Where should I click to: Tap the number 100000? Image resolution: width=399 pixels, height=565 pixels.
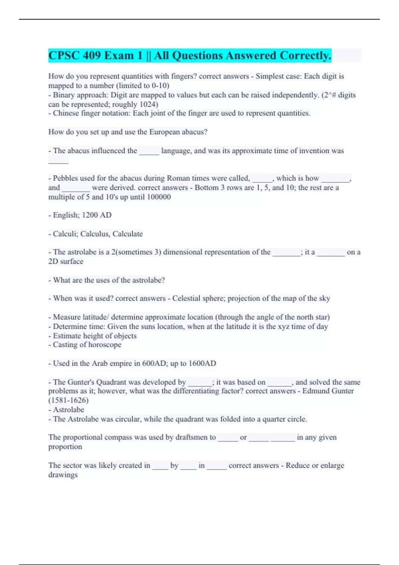pyautogui.click(x=159, y=197)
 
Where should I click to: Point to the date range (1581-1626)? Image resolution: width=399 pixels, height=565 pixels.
pyautogui.click(x=68, y=400)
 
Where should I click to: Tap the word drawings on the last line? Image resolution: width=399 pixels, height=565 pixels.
pyautogui.click(x=63, y=475)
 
